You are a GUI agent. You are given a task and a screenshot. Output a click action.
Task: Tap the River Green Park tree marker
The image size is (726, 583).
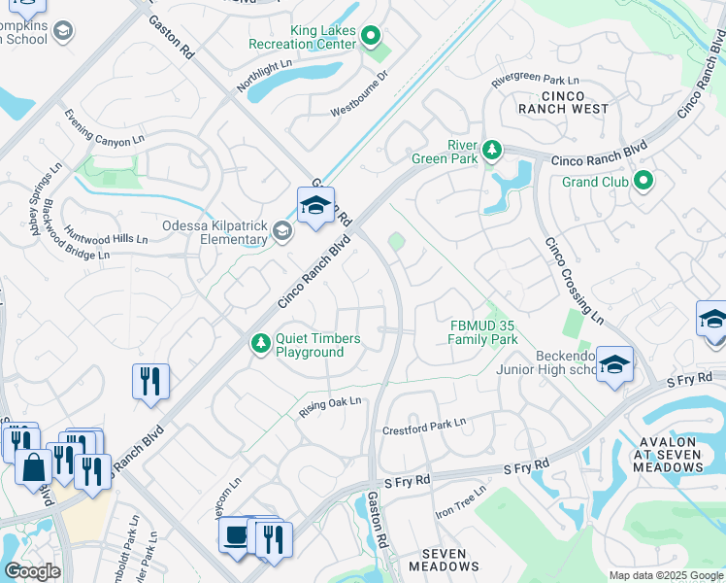point(493,150)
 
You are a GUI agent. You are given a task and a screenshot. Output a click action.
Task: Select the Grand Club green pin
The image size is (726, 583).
point(643,181)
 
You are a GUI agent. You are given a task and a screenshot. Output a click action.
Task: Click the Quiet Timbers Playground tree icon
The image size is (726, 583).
point(260,343)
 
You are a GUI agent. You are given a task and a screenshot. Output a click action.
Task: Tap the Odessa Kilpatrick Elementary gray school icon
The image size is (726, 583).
point(281,230)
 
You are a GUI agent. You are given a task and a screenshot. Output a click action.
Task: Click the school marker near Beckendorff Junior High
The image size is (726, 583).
point(614,365)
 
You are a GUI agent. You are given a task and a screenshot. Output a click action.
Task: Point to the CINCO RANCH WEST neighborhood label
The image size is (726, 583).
point(563,102)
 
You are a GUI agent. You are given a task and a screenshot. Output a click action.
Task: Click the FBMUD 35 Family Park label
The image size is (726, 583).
point(482,332)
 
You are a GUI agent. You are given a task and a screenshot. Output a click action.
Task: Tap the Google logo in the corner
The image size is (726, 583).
point(32,571)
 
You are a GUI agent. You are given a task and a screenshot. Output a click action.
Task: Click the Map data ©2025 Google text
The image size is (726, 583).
point(665,575)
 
